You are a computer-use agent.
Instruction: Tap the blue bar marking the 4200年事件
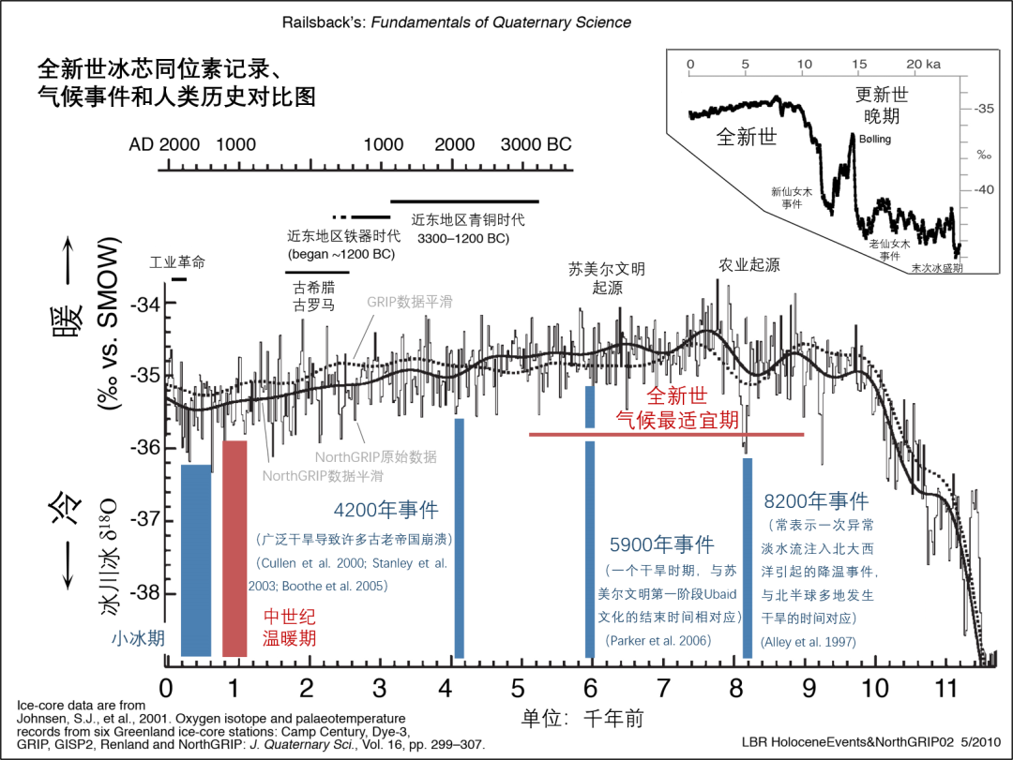tap(459, 538)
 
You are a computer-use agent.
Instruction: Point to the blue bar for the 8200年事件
tap(748, 557)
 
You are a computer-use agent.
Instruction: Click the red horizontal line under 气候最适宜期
tap(666, 435)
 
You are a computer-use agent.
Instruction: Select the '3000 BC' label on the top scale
tap(536, 144)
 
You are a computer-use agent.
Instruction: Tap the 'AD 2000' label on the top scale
tap(165, 144)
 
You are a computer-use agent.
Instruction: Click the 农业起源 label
tap(749, 265)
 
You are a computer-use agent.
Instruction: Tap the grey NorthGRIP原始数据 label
tap(375, 457)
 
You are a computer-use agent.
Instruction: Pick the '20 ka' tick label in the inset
tap(923, 64)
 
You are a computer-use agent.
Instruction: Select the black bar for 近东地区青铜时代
tap(464, 201)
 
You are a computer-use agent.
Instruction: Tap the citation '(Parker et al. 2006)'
tap(658, 640)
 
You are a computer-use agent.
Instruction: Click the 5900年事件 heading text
tap(661, 544)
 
